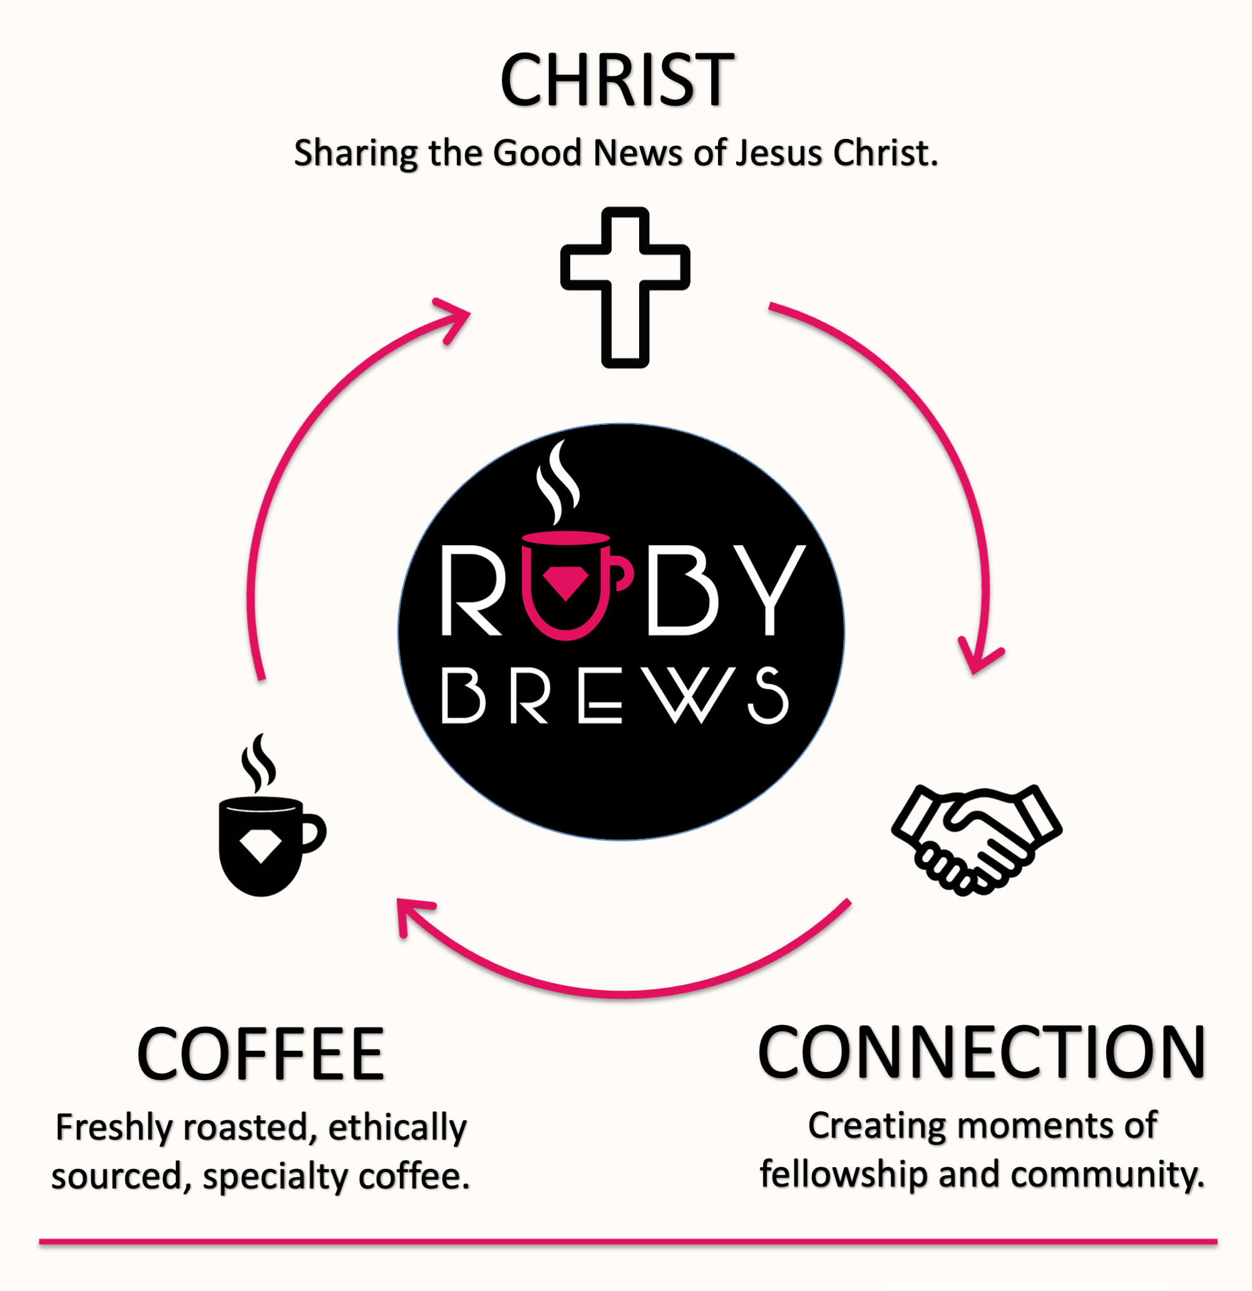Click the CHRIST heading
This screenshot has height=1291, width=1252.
tap(617, 79)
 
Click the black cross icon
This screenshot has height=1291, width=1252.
tap(625, 287)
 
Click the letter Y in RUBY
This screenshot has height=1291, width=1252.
tap(769, 589)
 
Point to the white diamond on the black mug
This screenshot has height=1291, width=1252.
tap(261, 844)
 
